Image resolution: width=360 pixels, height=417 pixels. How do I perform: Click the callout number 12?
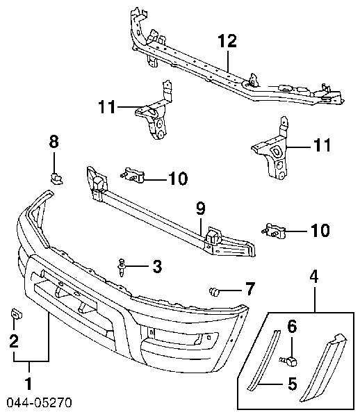[227, 41]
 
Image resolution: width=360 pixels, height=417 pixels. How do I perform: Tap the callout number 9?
[201, 208]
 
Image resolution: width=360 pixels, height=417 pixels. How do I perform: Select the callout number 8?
[54, 142]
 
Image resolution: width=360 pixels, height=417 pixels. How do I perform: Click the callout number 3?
[157, 266]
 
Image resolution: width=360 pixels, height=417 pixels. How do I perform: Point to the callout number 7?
[249, 289]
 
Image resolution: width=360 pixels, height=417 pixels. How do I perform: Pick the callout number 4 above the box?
[314, 277]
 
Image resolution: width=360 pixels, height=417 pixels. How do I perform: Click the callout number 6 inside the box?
[292, 327]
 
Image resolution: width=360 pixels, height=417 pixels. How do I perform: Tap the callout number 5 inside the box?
[292, 384]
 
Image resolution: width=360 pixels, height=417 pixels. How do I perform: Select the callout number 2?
[14, 341]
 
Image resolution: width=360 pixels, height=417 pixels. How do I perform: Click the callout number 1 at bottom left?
[28, 384]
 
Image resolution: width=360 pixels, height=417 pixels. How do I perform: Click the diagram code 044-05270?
[39, 402]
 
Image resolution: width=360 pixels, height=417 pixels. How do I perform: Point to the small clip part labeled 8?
[56, 178]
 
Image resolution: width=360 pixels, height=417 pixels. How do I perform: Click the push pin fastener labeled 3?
[121, 267]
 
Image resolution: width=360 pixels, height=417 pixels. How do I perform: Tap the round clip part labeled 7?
[215, 291]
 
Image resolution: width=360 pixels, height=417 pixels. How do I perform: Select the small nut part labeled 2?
[16, 314]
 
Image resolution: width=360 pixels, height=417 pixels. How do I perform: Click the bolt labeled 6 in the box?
[288, 361]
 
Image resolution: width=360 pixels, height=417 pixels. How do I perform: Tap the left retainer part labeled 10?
[132, 175]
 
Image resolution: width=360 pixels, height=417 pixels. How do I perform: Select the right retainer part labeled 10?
[274, 231]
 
